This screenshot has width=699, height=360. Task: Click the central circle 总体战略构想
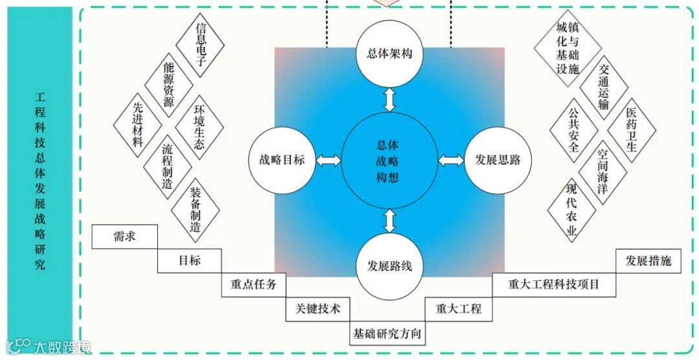click(x=388, y=161)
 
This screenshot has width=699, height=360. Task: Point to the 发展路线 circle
click(x=389, y=266)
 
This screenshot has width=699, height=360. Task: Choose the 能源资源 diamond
click(x=169, y=84)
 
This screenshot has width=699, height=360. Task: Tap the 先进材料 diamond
click(x=138, y=124)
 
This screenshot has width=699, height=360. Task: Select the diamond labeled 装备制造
click(x=195, y=210)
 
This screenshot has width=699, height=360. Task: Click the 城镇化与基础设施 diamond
click(x=568, y=48)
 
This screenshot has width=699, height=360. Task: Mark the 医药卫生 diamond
click(x=632, y=129)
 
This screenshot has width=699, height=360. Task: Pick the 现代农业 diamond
click(x=571, y=211)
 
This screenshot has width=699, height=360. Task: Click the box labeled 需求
click(x=124, y=236)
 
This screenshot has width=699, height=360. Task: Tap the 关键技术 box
click(x=317, y=309)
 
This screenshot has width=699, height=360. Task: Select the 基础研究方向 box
click(x=387, y=333)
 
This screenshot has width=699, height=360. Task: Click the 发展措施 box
click(x=648, y=261)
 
